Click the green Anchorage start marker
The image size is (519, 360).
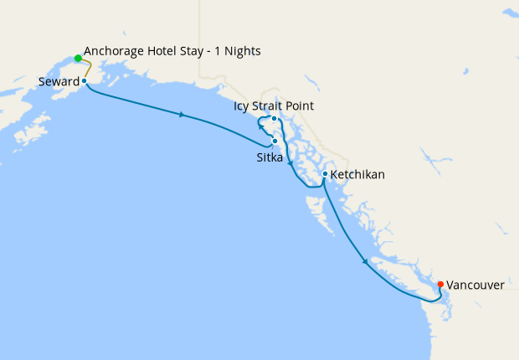(78, 59)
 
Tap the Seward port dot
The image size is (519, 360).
(85, 81)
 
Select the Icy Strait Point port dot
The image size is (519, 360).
(274, 119)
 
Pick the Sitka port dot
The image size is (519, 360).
(275, 141)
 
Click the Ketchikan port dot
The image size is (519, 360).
(325, 174)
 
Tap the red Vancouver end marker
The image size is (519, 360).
(440, 284)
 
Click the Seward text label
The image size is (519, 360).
(59, 82)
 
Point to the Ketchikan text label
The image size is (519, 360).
(358, 175)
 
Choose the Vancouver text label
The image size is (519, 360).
(475, 285)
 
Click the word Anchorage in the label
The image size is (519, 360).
(116, 52)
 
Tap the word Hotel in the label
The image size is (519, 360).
(167, 52)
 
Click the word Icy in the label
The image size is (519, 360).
(243, 106)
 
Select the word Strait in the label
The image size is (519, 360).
(272, 106)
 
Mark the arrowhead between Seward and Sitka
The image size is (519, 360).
(182, 115)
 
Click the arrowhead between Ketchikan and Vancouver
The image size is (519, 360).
(365, 263)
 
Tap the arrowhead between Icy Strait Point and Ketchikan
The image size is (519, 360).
(290, 164)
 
